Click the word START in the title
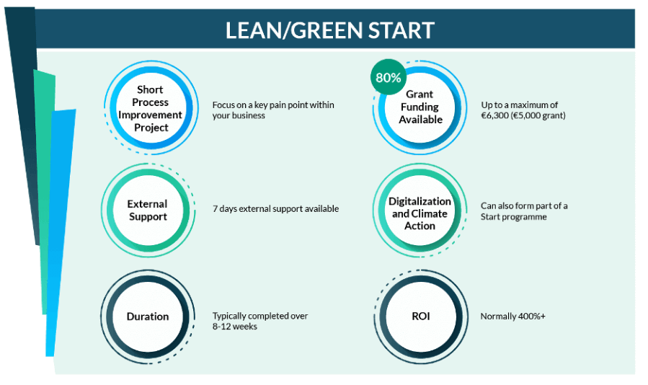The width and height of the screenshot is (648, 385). pyautogui.click(x=401, y=30)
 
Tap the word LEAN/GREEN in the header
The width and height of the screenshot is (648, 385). pyautogui.click(x=294, y=30)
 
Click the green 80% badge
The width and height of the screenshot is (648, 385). pyautogui.click(x=388, y=77)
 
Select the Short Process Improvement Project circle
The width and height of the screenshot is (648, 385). pyautogui.click(x=151, y=108)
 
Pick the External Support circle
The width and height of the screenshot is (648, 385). pyautogui.click(x=148, y=210)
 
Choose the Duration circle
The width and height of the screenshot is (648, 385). pyautogui.click(x=148, y=317)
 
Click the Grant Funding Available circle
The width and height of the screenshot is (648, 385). pyautogui.click(x=420, y=107)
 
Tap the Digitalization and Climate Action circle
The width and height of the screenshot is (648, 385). pyautogui.click(x=420, y=210)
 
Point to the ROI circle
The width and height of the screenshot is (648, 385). pyautogui.click(x=421, y=317)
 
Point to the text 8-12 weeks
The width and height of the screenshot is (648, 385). pyautogui.click(x=235, y=327)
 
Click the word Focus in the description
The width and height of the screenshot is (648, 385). pyautogui.click(x=223, y=105)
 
